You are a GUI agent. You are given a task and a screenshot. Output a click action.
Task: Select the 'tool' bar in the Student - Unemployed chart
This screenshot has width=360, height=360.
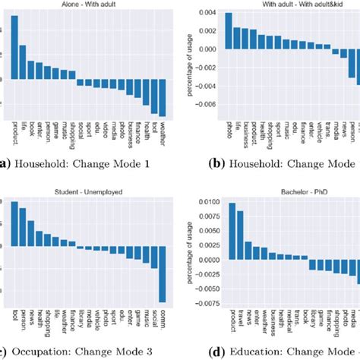(14, 223)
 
